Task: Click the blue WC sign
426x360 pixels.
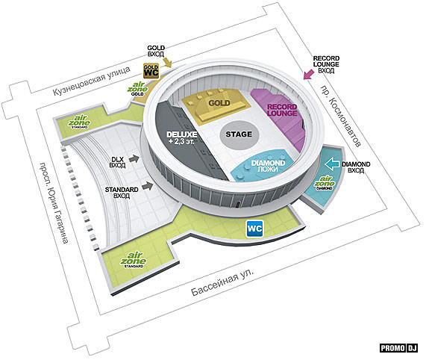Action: coord(255,229)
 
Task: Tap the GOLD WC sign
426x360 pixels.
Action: coord(151,71)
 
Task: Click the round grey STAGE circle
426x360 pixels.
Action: coord(239,134)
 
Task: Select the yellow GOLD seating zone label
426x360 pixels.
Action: coord(219,103)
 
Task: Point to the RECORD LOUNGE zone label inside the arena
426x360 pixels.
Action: coord(282,110)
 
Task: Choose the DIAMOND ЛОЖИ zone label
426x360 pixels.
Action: coord(268,166)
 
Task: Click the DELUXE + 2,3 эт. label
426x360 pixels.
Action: coord(182,138)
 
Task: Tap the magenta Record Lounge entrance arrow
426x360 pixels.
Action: coord(309,74)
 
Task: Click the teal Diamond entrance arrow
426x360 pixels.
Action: coord(332,164)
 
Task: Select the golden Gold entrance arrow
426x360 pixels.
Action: coord(168,63)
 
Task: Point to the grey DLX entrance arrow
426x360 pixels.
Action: coord(134,158)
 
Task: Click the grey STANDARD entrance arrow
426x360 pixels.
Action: coord(148,186)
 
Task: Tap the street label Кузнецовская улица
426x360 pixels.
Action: coord(92,81)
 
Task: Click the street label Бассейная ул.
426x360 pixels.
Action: coord(222,282)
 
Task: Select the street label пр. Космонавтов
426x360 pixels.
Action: coord(341,116)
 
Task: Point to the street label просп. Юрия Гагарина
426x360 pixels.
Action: coord(54,202)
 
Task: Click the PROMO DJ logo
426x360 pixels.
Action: coord(398,348)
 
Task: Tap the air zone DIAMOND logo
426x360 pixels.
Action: coord(325,182)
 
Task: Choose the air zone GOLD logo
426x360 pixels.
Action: coord(137,89)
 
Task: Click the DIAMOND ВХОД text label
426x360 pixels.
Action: coord(356,167)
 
